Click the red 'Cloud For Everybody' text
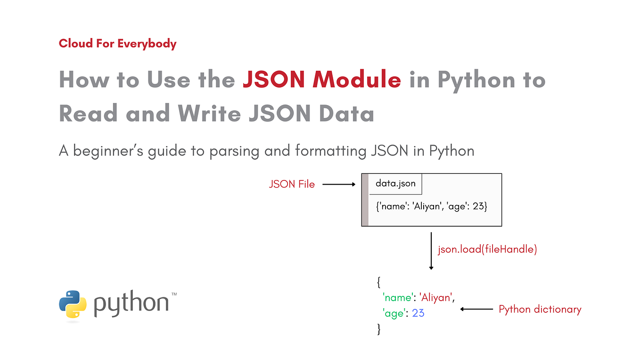click(117, 44)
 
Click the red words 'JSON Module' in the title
click(321, 80)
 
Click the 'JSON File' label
click(292, 184)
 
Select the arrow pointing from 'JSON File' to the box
click(339, 184)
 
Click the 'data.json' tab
click(395, 183)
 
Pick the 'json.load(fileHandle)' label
click(487, 249)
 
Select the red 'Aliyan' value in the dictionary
click(436, 297)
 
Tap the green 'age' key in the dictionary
click(394, 312)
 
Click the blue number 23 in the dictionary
click(418, 312)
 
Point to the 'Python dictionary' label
click(540, 309)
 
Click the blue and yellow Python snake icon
click(73, 305)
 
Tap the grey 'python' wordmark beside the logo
click(131, 304)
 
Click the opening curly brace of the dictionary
click(378, 282)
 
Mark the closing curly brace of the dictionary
click(378, 329)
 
